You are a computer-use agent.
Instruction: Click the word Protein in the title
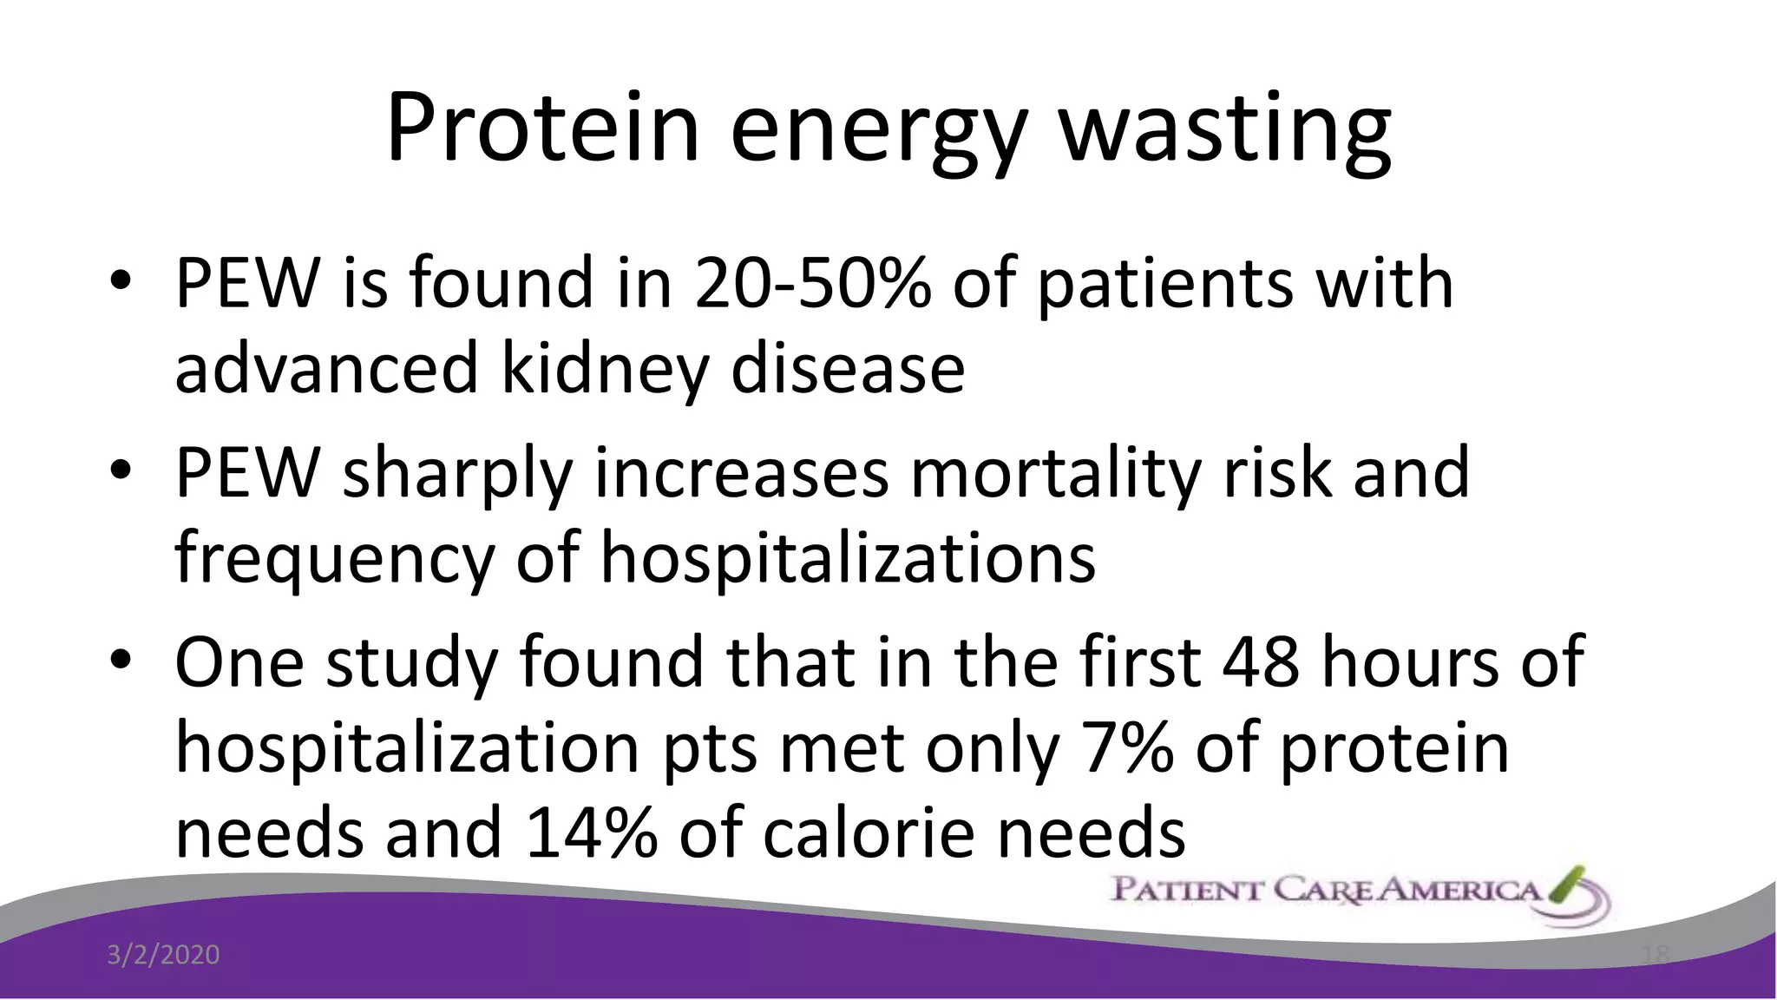(x=542, y=128)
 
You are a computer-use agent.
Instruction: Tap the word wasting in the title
(x=1225, y=130)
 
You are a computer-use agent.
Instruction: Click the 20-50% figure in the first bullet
(x=812, y=284)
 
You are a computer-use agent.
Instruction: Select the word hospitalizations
(x=848, y=557)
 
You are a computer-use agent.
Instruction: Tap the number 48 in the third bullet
(x=1260, y=662)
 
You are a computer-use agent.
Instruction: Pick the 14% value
(x=590, y=832)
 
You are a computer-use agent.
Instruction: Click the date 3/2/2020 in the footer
(x=163, y=955)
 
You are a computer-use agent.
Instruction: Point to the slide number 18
(x=1656, y=955)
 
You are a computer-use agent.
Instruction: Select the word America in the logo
(x=1458, y=890)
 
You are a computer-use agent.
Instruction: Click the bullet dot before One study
(x=121, y=661)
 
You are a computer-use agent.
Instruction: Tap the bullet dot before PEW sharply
(x=121, y=471)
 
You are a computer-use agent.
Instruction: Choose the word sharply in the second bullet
(x=457, y=475)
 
